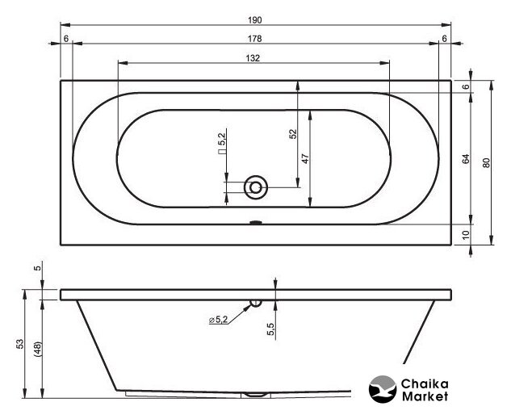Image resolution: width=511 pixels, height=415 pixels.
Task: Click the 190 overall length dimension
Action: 255,20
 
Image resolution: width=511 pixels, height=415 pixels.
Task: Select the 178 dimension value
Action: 255,39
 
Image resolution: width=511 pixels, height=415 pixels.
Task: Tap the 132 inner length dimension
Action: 253,58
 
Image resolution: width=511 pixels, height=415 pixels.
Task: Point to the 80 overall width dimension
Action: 486,162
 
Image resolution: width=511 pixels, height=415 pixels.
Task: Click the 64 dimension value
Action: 467,159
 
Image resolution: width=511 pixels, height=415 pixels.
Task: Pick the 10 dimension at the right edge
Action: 466,234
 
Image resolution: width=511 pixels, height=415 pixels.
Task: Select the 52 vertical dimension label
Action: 293,134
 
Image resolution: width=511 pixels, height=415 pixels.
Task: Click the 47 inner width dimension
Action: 305,159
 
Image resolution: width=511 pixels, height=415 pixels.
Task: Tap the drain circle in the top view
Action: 256,187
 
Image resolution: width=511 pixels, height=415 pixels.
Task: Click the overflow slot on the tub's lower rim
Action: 255,223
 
